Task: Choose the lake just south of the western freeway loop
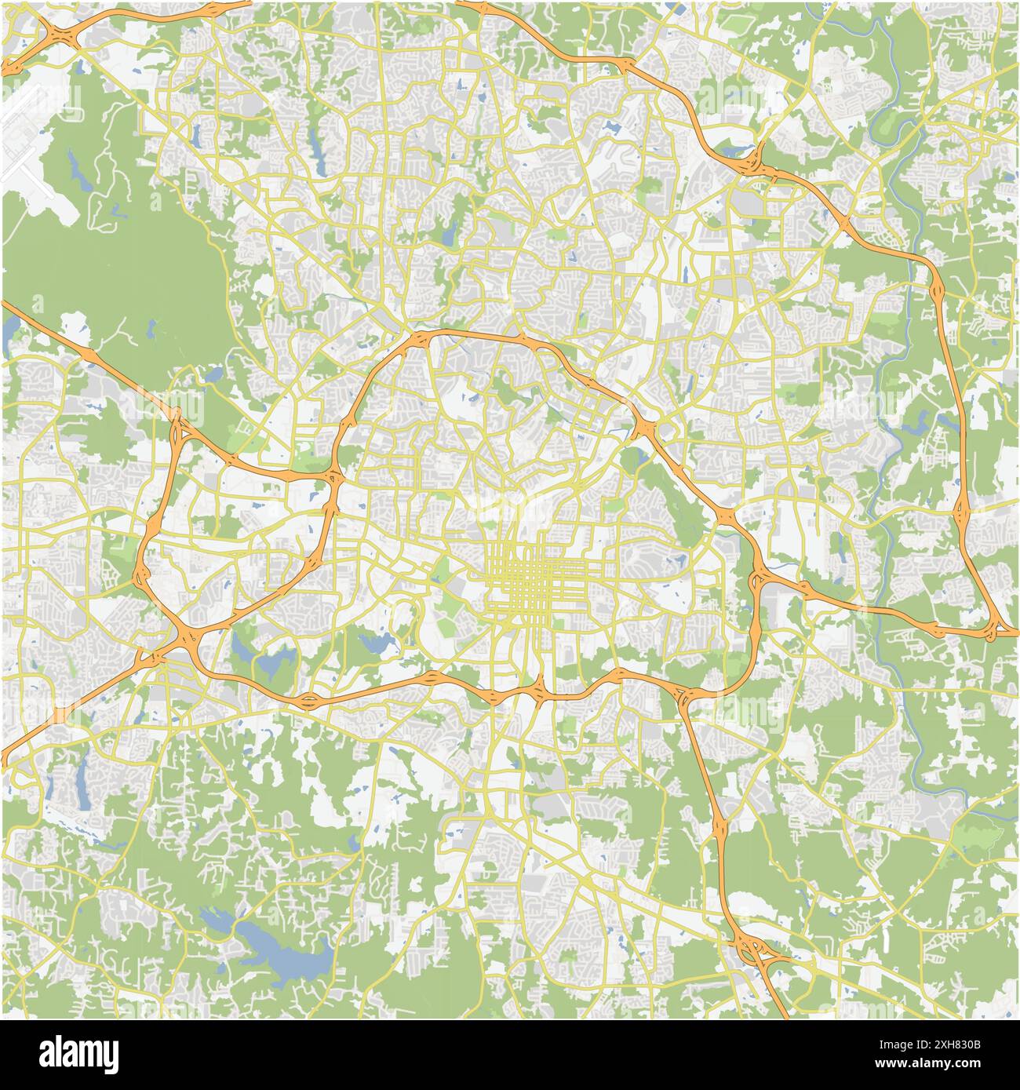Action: point(267,659)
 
